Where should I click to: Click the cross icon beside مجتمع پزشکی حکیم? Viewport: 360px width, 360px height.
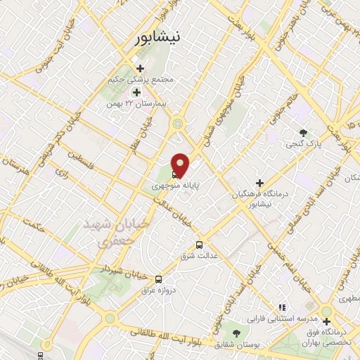[x=141, y=69]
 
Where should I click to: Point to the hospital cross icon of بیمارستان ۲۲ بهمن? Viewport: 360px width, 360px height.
[x=136, y=91]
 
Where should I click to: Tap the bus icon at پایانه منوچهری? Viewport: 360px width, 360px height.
[x=174, y=175]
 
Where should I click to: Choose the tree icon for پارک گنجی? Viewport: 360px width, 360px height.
[x=303, y=132]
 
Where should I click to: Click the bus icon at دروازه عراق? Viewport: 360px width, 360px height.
[x=158, y=278]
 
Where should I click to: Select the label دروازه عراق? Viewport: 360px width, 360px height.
[x=157, y=290]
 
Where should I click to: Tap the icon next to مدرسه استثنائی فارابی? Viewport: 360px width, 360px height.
[x=282, y=307]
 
